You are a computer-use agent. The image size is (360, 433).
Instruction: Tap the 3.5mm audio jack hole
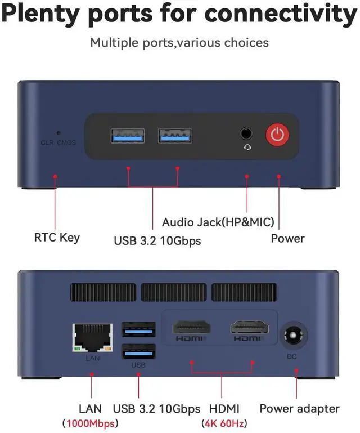(246, 133)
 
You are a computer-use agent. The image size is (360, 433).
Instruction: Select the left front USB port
(127, 136)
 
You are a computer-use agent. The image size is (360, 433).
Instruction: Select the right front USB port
(175, 136)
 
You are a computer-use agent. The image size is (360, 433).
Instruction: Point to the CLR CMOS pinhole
(58, 134)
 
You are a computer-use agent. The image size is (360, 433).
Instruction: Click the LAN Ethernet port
(91, 338)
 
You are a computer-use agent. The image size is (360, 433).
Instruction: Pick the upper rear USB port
(138, 329)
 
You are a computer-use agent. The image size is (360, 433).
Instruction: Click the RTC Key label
(57, 237)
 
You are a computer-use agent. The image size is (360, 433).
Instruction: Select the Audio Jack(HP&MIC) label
(218, 222)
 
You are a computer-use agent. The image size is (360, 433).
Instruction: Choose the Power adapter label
(299, 408)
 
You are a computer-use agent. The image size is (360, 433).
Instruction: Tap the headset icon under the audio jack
(246, 148)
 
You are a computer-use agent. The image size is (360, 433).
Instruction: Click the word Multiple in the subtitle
(115, 42)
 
